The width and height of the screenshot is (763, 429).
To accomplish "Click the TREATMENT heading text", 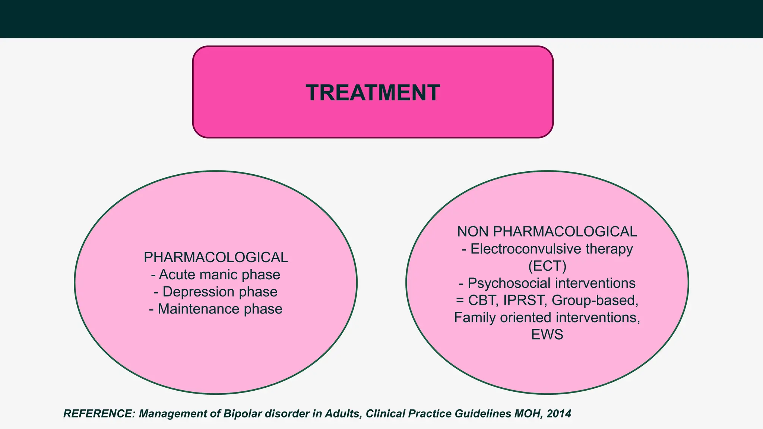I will point(373,93).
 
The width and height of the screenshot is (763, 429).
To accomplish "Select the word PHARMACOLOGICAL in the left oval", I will point(216,257).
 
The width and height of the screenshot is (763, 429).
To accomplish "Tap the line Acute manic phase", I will point(216,275).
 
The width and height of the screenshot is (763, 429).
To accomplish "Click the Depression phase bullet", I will point(216,292).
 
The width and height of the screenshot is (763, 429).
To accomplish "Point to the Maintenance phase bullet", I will point(216,309).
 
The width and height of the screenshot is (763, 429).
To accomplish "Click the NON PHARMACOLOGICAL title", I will point(547,232).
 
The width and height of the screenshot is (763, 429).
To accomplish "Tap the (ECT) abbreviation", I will point(547,266).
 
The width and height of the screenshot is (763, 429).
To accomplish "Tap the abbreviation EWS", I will point(547,335).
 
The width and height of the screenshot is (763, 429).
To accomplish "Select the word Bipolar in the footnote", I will point(243,414).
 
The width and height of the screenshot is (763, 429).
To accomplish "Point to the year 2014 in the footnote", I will point(558,414).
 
